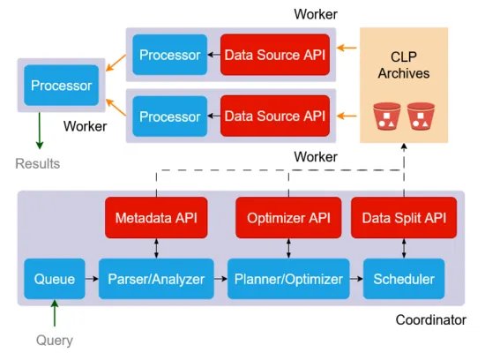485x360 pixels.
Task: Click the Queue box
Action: coord(55,279)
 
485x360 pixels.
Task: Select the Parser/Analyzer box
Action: coord(155,279)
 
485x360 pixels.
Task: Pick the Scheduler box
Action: coord(403,279)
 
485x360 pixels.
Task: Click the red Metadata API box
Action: coord(156,218)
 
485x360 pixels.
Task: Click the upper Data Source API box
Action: coord(273,55)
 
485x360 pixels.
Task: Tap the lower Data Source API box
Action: coord(273,116)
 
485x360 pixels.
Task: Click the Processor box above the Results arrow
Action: coord(61,86)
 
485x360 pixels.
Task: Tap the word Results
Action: coord(37,163)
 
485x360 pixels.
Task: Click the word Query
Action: coord(55,340)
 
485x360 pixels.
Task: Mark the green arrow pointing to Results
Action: coord(38,132)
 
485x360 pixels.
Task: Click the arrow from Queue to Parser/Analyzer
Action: coord(92,279)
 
